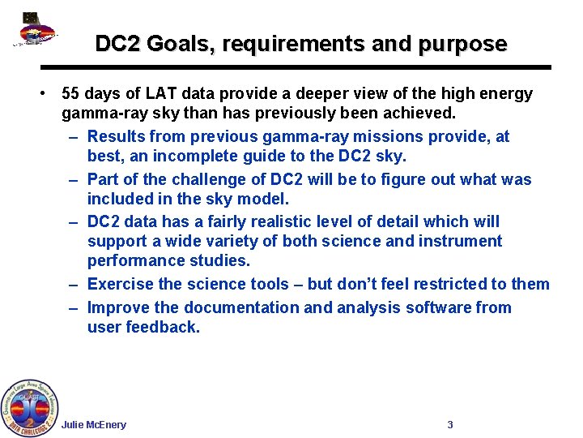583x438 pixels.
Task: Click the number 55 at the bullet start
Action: tap(71, 93)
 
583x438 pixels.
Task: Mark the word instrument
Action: tap(457, 241)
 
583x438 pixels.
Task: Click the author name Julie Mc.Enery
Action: tap(94, 425)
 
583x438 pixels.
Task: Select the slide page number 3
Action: tap(450, 425)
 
